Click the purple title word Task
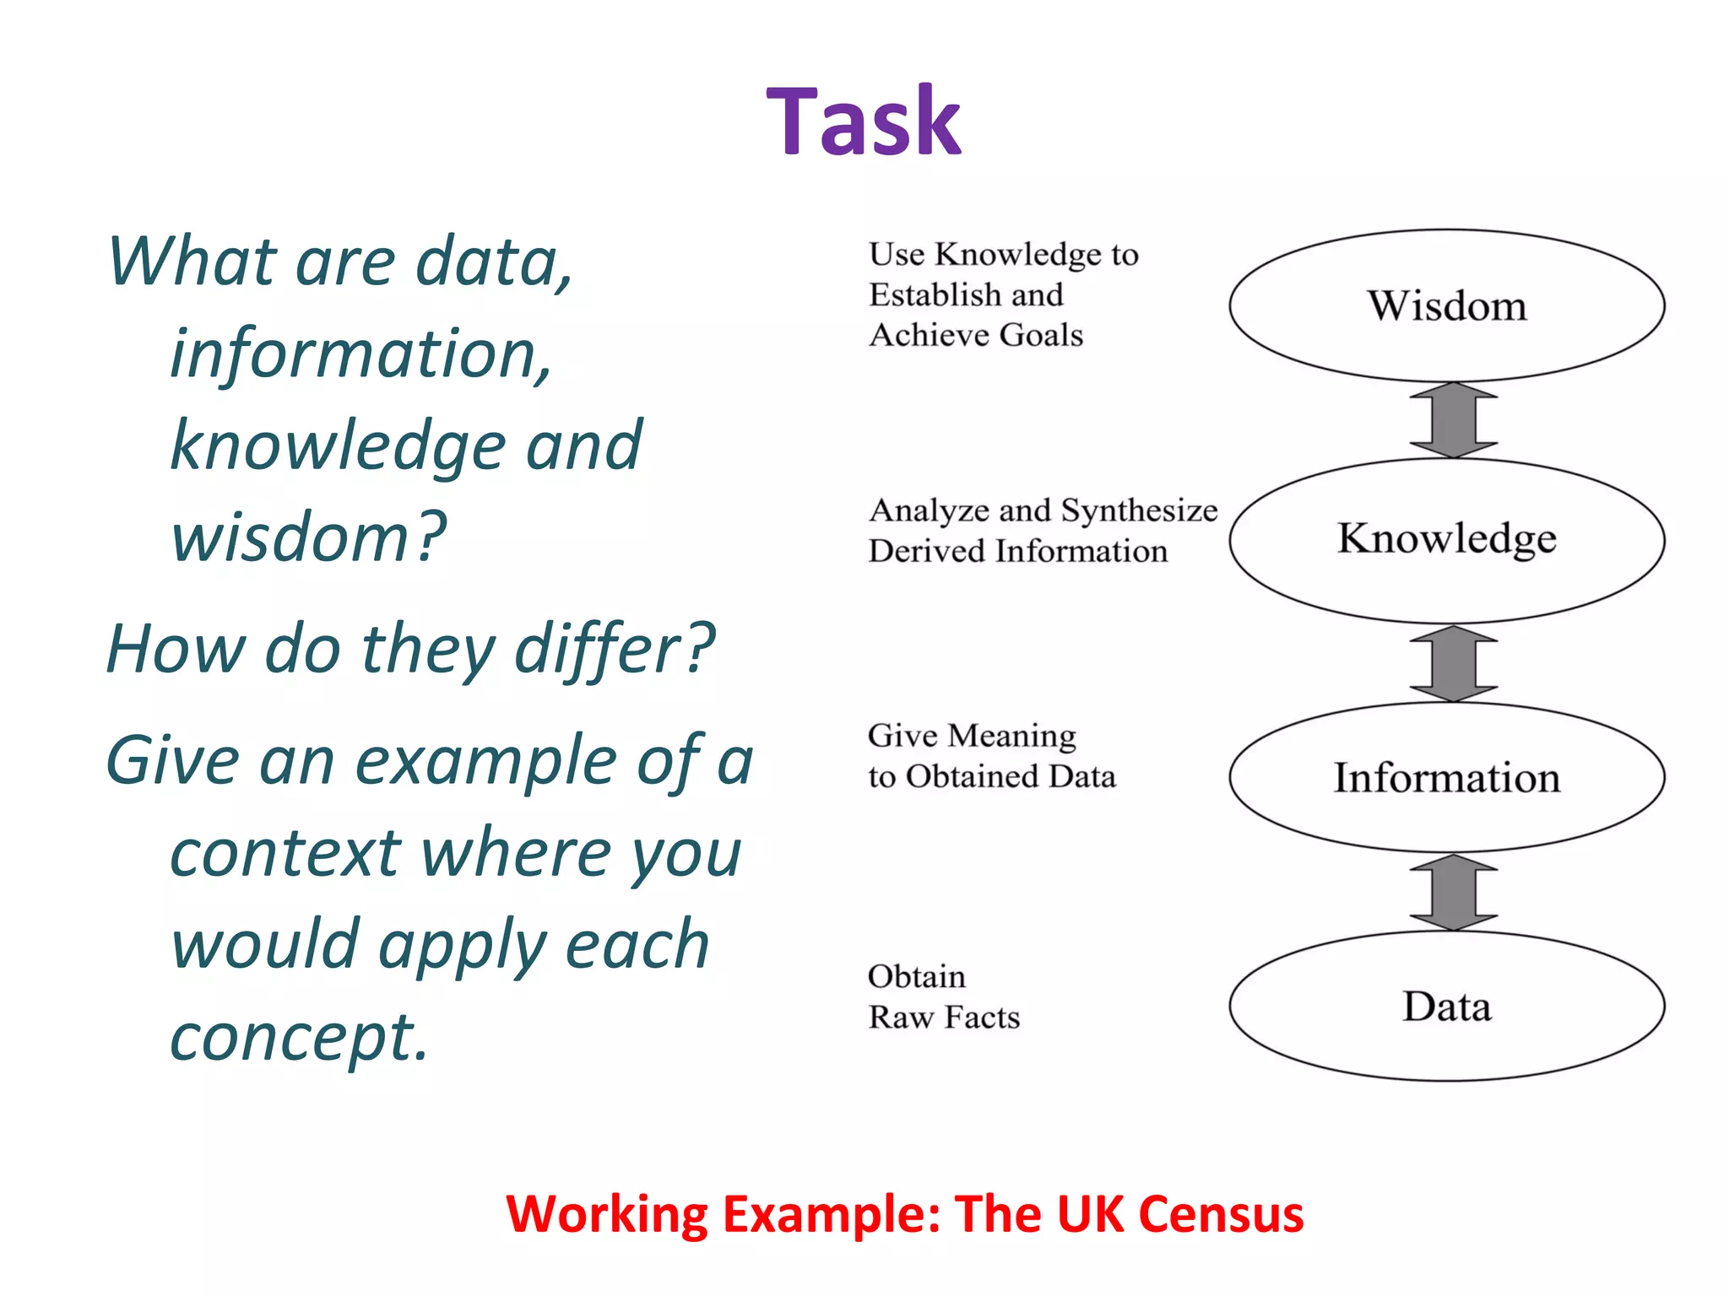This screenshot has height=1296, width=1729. (x=863, y=122)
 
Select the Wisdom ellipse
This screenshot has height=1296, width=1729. (x=1446, y=305)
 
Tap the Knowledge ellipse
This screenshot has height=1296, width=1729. (x=1446, y=540)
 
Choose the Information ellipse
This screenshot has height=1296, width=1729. (x=1446, y=777)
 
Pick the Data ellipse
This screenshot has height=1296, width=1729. (x=1446, y=1007)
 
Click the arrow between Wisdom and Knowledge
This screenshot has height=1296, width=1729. (x=1453, y=420)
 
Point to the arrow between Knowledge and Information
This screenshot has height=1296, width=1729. (x=1453, y=663)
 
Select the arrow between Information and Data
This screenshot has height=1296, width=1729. (x=1453, y=892)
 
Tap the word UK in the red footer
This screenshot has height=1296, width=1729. (x=1089, y=1215)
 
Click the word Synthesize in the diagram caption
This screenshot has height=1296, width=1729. (x=1139, y=511)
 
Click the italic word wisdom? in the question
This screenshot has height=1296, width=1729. (x=308, y=537)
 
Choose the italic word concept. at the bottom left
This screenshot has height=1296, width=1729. (x=300, y=1038)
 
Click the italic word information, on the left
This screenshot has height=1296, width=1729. (x=361, y=354)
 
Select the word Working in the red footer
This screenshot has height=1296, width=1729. (x=607, y=1215)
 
